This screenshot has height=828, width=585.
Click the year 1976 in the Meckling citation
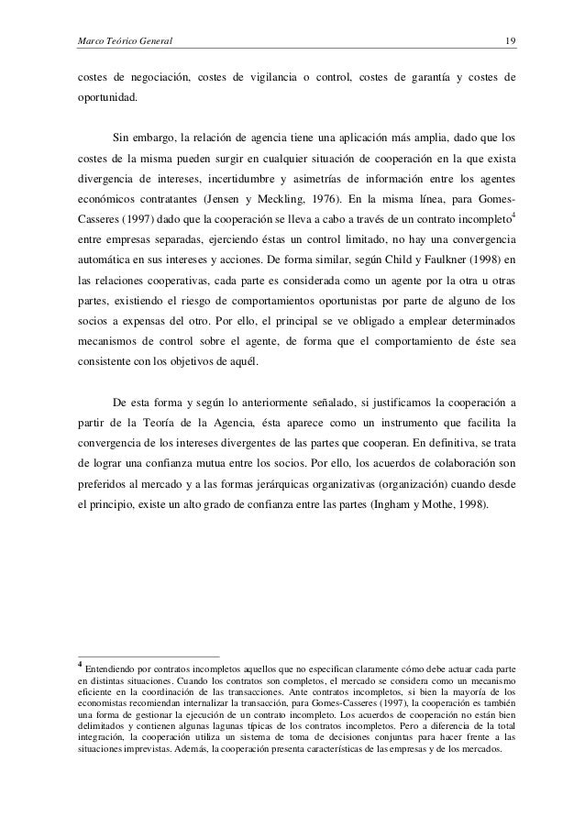(x=406, y=199)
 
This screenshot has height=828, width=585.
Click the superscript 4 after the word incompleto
(x=512, y=215)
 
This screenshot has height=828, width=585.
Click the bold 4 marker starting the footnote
(x=80, y=666)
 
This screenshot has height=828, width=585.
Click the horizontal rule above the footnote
(x=148, y=656)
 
